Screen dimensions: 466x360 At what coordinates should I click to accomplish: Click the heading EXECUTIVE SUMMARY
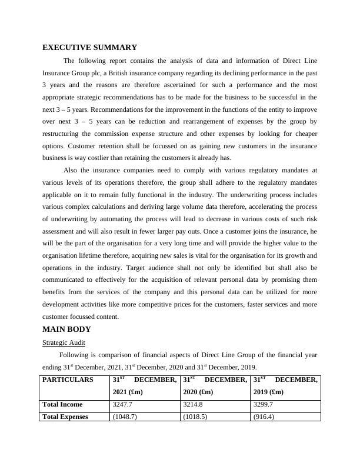click(89, 48)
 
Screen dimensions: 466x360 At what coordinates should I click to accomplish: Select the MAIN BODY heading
click(66, 329)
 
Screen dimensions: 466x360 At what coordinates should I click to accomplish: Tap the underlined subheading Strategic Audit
click(64, 342)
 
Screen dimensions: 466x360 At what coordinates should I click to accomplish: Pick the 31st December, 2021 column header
click(144, 385)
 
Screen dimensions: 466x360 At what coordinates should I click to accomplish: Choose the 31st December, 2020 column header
click(215, 385)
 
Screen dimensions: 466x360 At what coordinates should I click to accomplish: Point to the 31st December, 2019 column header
click(285, 385)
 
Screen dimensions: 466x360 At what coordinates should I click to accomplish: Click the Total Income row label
click(63, 404)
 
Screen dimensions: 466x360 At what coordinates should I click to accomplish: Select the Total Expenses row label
click(65, 416)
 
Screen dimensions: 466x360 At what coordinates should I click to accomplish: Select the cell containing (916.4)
click(264, 416)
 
